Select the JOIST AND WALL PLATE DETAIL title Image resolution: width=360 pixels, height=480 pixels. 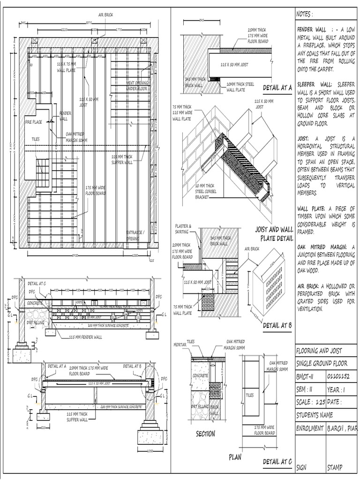coord(274,233)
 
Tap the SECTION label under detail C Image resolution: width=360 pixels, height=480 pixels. coord(205,434)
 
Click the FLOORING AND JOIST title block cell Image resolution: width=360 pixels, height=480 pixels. coord(319,351)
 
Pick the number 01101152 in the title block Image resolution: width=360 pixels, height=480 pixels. coord(338,376)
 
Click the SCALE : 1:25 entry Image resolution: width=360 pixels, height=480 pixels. coord(310,402)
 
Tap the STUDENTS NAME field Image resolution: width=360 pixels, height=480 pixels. coord(315,415)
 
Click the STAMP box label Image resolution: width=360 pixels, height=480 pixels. coord(335,467)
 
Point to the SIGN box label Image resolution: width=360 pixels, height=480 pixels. coord(301,467)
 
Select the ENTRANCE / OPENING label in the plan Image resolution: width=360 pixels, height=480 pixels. coord(136,235)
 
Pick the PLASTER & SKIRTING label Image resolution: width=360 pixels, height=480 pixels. coord(182,229)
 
